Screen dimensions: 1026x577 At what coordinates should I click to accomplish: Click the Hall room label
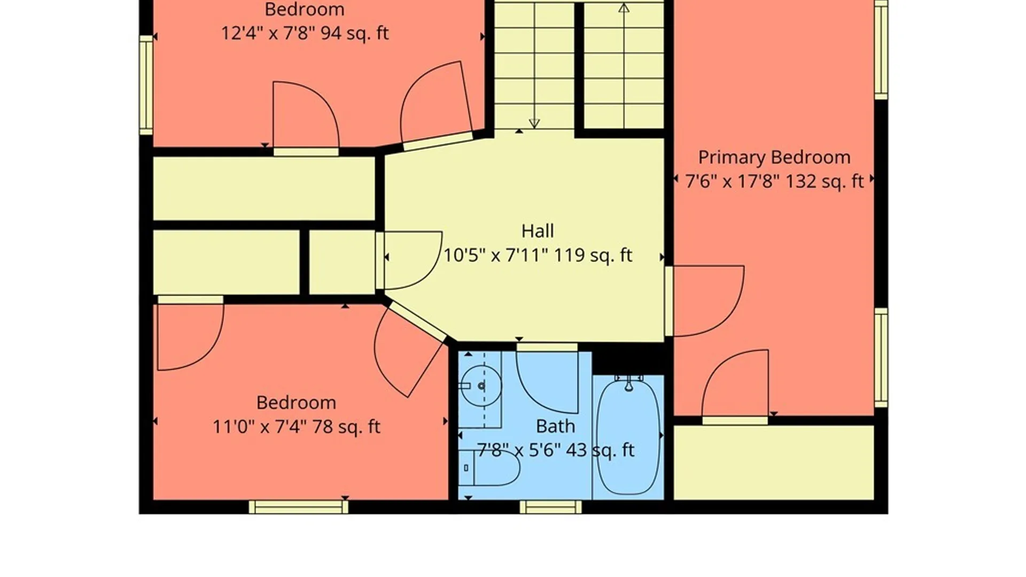click(538, 231)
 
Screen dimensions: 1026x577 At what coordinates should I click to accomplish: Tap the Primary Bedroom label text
click(774, 158)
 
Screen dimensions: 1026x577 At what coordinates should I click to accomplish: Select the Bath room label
click(556, 426)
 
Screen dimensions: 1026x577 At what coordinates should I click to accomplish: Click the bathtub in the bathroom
click(628, 435)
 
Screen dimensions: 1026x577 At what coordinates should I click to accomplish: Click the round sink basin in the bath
click(481, 386)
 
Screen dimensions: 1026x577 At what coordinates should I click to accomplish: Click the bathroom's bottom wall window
click(550, 507)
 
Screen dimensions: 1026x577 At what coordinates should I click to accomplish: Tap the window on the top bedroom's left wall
click(146, 85)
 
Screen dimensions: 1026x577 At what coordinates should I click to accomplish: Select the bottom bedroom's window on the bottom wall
click(299, 507)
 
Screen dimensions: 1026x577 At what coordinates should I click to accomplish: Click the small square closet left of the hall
click(342, 262)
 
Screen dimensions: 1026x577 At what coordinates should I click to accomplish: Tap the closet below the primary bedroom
click(774, 463)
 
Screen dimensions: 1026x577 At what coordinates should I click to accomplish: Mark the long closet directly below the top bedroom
click(264, 188)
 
